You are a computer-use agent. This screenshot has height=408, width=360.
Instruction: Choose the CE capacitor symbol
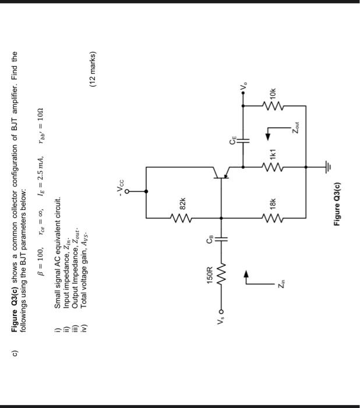[245, 140]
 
